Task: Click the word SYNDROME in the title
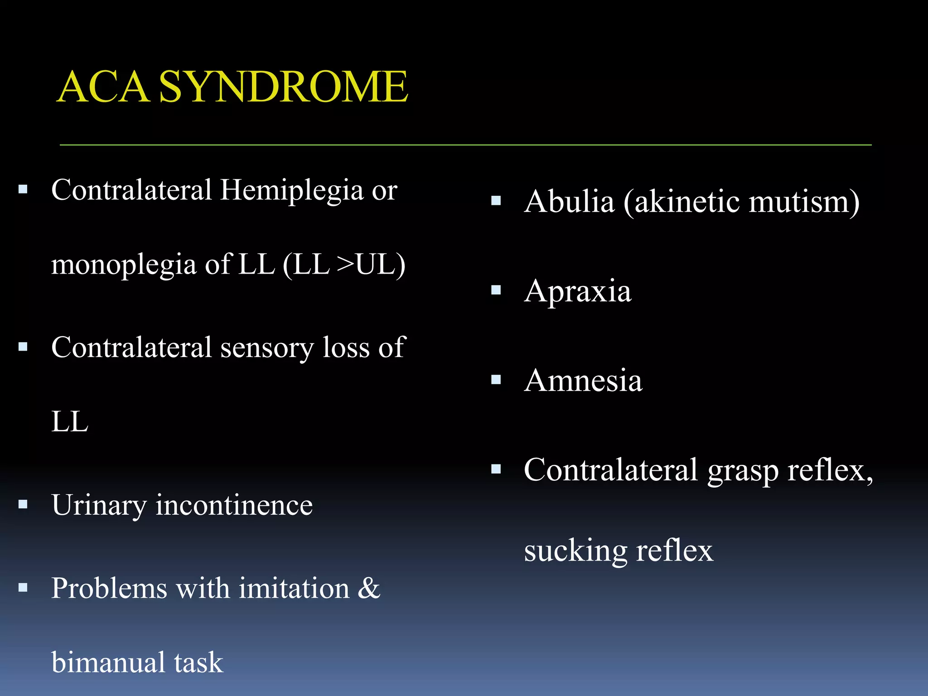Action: (x=283, y=87)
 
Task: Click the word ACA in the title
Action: (x=103, y=87)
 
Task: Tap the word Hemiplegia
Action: (x=292, y=190)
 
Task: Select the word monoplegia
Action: (x=124, y=265)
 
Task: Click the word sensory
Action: (x=267, y=348)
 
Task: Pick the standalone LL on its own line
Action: (x=69, y=422)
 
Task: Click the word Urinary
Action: (x=99, y=506)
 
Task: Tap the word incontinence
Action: (x=234, y=506)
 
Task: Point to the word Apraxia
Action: (x=577, y=291)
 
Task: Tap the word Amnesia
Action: (x=583, y=380)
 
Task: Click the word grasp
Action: (x=742, y=471)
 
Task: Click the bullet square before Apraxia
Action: (x=496, y=290)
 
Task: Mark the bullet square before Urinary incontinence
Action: (x=23, y=504)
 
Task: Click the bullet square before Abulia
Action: (x=496, y=200)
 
